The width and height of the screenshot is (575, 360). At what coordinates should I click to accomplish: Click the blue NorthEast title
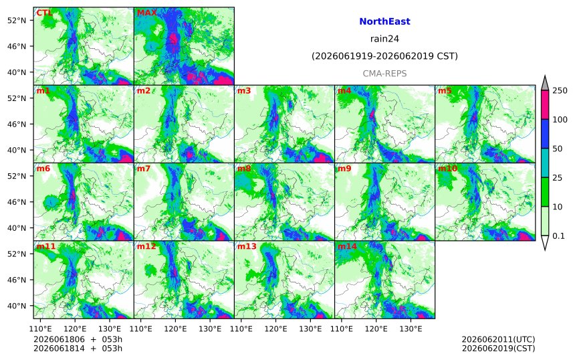click(x=384, y=21)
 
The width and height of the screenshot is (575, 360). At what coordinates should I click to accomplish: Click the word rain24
click(x=384, y=39)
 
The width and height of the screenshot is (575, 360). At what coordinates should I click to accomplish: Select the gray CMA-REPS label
click(x=384, y=74)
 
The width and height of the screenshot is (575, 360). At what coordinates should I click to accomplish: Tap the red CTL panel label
click(x=44, y=13)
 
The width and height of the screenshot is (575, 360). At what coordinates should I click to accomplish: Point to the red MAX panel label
click(x=146, y=13)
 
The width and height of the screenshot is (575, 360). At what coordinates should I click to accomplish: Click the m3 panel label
click(x=244, y=90)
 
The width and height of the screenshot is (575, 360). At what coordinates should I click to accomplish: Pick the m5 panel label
click(x=445, y=90)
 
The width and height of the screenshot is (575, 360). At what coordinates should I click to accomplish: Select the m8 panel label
click(x=244, y=169)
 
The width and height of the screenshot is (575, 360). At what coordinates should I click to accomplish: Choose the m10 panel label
click(x=447, y=169)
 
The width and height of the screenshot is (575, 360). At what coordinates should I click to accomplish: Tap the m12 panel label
click(x=146, y=246)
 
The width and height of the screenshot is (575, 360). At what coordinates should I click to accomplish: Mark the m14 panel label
click(x=347, y=246)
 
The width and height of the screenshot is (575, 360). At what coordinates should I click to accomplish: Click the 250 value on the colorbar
click(x=560, y=90)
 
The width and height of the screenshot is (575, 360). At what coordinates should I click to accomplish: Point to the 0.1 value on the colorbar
click(x=558, y=236)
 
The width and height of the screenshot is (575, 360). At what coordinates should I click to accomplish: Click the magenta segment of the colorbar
click(x=545, y=105)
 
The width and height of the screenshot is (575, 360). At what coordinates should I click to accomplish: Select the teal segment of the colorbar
click(x=545, y=163)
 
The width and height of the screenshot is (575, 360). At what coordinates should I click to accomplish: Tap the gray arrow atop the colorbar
click(x=545, y=84)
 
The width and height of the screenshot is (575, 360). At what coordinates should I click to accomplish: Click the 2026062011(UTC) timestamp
click(x=498, y=339)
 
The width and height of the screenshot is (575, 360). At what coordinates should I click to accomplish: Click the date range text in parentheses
click(x=384, y=56)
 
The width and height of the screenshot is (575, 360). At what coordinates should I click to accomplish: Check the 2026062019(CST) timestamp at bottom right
click(x=498, y=348)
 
